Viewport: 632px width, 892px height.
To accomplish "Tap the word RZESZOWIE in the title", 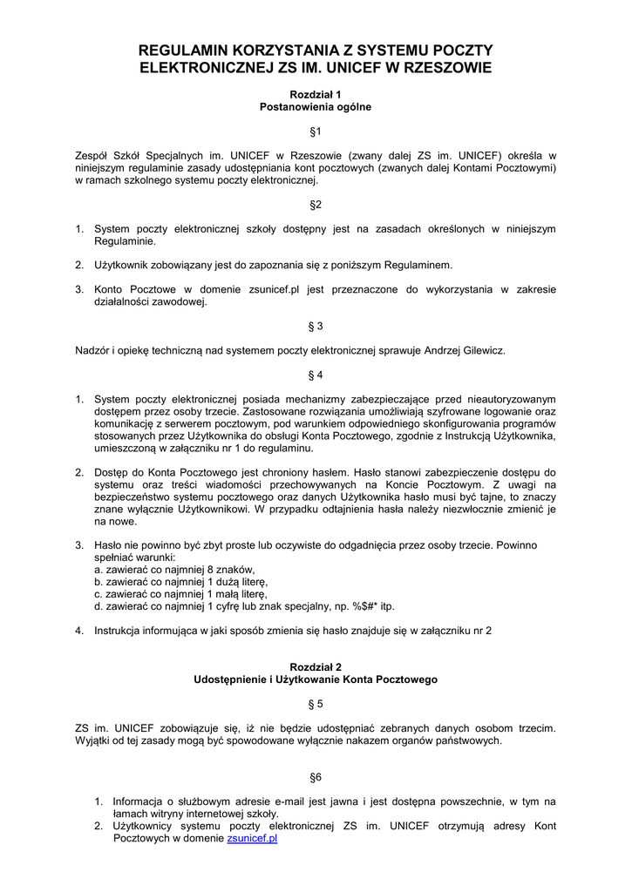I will [445, 67].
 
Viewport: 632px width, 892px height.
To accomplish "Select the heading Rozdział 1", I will [316, 93].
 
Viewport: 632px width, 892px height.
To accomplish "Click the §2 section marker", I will [316, 205].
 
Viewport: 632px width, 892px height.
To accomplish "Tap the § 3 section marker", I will [316, 326].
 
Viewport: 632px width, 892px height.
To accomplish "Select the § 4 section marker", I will [316, 375].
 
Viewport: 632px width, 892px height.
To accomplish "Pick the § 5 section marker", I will [316, 702].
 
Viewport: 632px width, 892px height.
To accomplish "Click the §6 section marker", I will [316, 776].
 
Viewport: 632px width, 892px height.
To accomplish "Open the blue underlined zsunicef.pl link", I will [252, 838].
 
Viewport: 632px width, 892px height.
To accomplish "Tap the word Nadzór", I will [92, 350].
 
